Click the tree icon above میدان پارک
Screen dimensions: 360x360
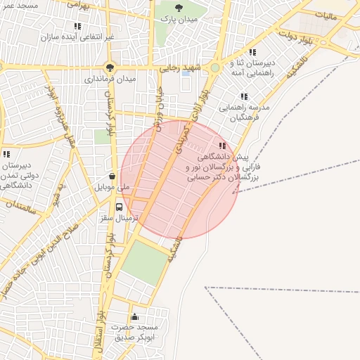tap(179, 8)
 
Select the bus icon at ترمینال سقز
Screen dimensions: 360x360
tap(119, 207)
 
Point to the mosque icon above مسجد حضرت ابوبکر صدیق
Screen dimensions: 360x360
tap(134, 316)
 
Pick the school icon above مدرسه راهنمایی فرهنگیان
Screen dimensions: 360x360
tap(244, 96)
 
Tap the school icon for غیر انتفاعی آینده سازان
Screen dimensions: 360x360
tap(77, 26)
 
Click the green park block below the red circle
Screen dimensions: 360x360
tap(145, 263)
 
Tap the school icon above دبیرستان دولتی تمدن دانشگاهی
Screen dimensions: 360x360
tap(6, 154)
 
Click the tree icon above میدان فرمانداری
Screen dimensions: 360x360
tap(110, 67)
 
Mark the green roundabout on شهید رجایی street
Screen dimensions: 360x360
tap(214, 67)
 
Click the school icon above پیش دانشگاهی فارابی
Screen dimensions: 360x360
tap(223, 146)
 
